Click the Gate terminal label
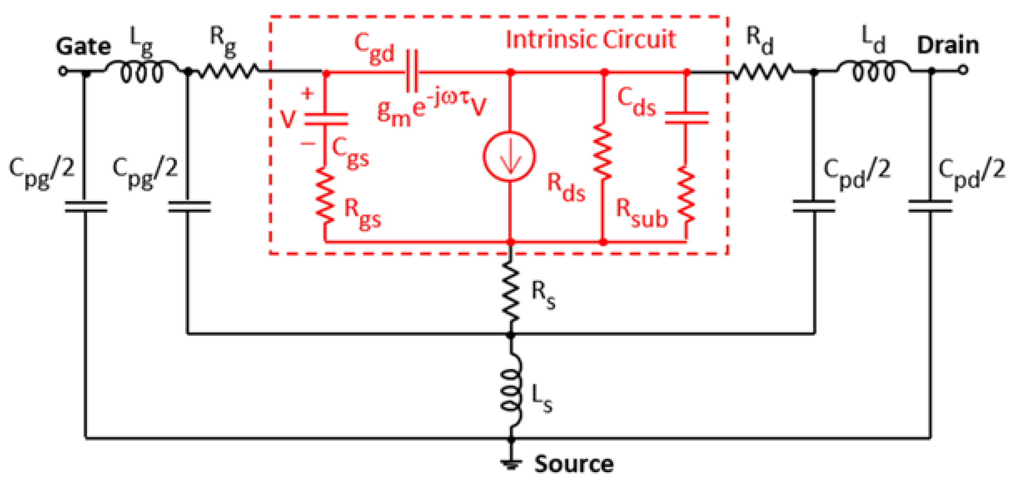(x=83, y=46)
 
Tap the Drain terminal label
(x=948, y=45)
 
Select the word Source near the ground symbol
(x=574, y=464)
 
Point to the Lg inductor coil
(x=142, y=72)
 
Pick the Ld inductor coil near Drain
(x=873, y=71)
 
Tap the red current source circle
(x=509, y=156)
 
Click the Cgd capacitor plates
(x=412, y=72)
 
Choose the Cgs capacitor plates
(x=326, y=119)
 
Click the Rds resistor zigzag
(x=603, y=152)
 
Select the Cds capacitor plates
(x=686, y=118)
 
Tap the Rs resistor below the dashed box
(x=511, y=291)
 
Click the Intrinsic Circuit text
(x=590, y=40)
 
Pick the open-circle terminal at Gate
(x=63, y=71)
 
